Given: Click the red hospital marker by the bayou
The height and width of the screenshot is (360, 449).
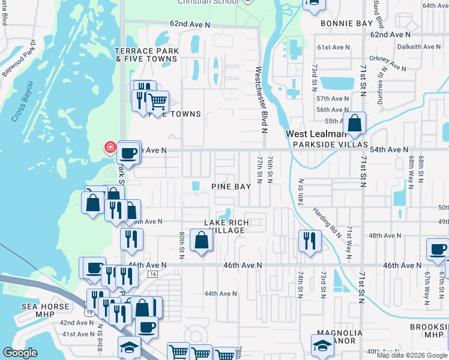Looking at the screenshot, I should click(x=110, y=147).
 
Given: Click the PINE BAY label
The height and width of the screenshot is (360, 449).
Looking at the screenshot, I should click(x=231, y=187).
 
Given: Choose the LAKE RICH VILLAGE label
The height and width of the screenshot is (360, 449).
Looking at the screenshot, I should click(x=225, y=226).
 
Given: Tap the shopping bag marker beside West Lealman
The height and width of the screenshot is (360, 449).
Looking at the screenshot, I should click(x=355, y=124).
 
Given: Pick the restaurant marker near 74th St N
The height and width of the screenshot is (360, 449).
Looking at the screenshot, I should click(x=308, y=241).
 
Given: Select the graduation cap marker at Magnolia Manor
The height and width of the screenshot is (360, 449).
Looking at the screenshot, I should click(x=322, y=345).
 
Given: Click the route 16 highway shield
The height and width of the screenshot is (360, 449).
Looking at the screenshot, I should click(x=153, y=274).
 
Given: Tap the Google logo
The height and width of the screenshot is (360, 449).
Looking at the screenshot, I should click(x=20, y=353).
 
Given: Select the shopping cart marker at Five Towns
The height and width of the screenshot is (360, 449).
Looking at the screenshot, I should click(x=157, y=103).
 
